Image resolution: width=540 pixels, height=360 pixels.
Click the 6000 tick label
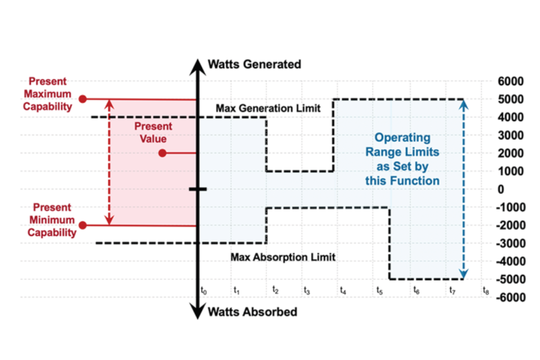pos(510,81)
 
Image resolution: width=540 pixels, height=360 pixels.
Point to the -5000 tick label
pos(510,279)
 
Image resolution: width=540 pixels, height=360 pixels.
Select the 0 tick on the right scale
pos(501,189)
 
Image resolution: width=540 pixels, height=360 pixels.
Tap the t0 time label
pos(204,290)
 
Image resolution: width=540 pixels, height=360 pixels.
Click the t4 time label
pos(343,290)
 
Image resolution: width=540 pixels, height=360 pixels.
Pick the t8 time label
pos(486,291)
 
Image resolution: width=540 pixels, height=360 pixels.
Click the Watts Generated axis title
pos(254,64)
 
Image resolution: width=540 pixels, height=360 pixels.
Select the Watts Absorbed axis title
pos(252,312)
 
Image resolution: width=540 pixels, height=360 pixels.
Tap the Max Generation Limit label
pos(268,108)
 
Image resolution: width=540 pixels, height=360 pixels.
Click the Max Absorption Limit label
pos(283,257)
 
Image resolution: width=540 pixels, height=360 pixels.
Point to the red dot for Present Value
pos(163,153)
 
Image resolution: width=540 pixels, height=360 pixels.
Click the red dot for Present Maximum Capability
pos(83,99)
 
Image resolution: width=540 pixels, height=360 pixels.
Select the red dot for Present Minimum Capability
pos(83,225)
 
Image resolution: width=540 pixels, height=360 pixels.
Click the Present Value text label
pos(153,132)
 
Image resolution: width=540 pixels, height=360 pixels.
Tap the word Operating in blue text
pos(402,138)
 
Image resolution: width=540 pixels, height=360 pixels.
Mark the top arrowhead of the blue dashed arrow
pos(463,104)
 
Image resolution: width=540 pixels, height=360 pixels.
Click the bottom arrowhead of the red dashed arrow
pos(109,221)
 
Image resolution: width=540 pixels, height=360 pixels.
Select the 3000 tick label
pos(510,135)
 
